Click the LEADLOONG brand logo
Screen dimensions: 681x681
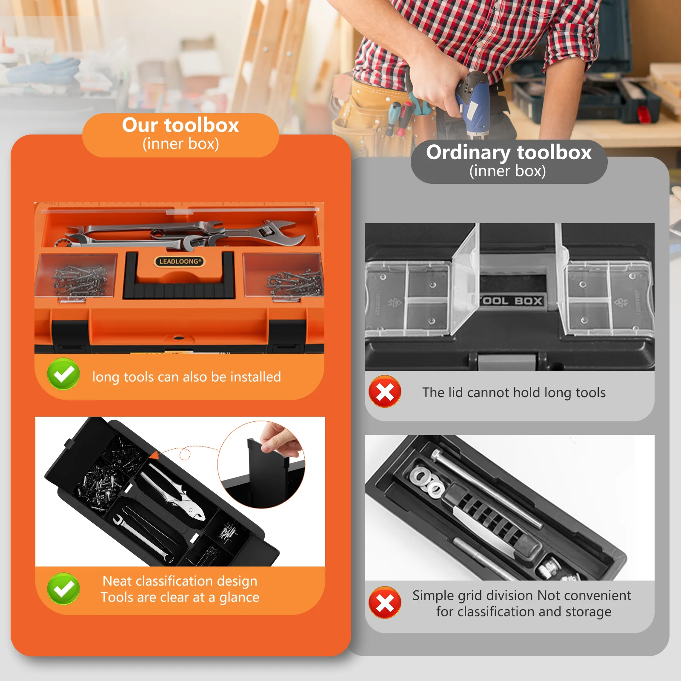pyautogui.click(x=179, y=261)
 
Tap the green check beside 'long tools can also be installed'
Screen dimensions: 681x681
pyautogui.click(x=63, y=374)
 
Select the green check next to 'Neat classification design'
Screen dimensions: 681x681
pyautogui.click(x=63, y=589)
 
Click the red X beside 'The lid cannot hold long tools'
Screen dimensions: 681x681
pyautogui.click(x=385, y=392)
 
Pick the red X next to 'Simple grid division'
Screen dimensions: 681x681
pyautogui.click(x=385, y=603)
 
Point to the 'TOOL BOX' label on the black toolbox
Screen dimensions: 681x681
pyautogui.click(x=512, y=301)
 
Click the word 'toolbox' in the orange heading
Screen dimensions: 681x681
pyautogui.click(x=202, y=126)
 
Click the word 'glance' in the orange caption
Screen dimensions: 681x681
pyautogui.click(x=239, y=598)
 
